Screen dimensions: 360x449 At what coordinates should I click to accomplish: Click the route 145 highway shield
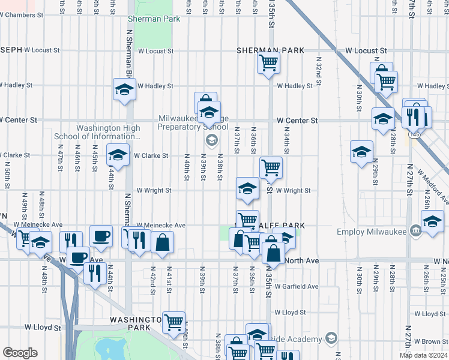[x=417, y=136]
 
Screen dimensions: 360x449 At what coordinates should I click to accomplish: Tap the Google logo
[x=20, y=353]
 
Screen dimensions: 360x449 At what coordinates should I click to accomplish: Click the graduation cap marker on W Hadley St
[x=124, y=89]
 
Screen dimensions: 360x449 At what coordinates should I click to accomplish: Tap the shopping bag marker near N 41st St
[x=163, y=243]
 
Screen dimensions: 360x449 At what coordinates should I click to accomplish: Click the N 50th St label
[x=7, y=172]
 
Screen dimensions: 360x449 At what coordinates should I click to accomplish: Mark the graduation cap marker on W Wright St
[x=247, y=189]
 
